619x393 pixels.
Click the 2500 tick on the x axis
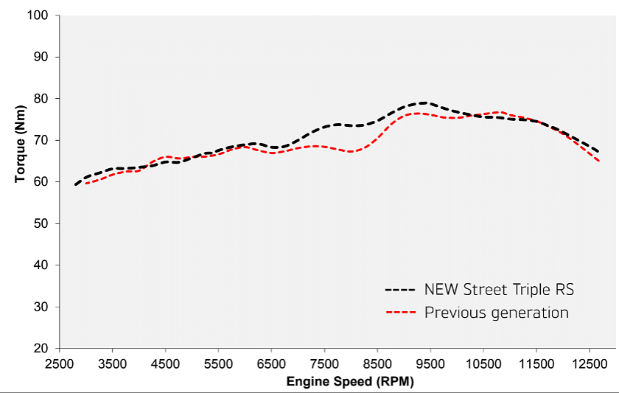(x=59, y=364)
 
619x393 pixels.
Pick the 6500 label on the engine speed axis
(x=271, y=364)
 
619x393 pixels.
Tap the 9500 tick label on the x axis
(x=430, y=364)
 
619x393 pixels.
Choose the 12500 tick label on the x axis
(x=589, y=364)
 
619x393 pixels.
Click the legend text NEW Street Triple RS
(x=499, y=290)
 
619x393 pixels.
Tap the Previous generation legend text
(x=496, y=313)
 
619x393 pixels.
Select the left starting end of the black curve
(x=75, y=184)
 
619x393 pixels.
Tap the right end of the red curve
(x=599, y=161)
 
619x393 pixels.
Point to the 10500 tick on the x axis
(x=483, y=364)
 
